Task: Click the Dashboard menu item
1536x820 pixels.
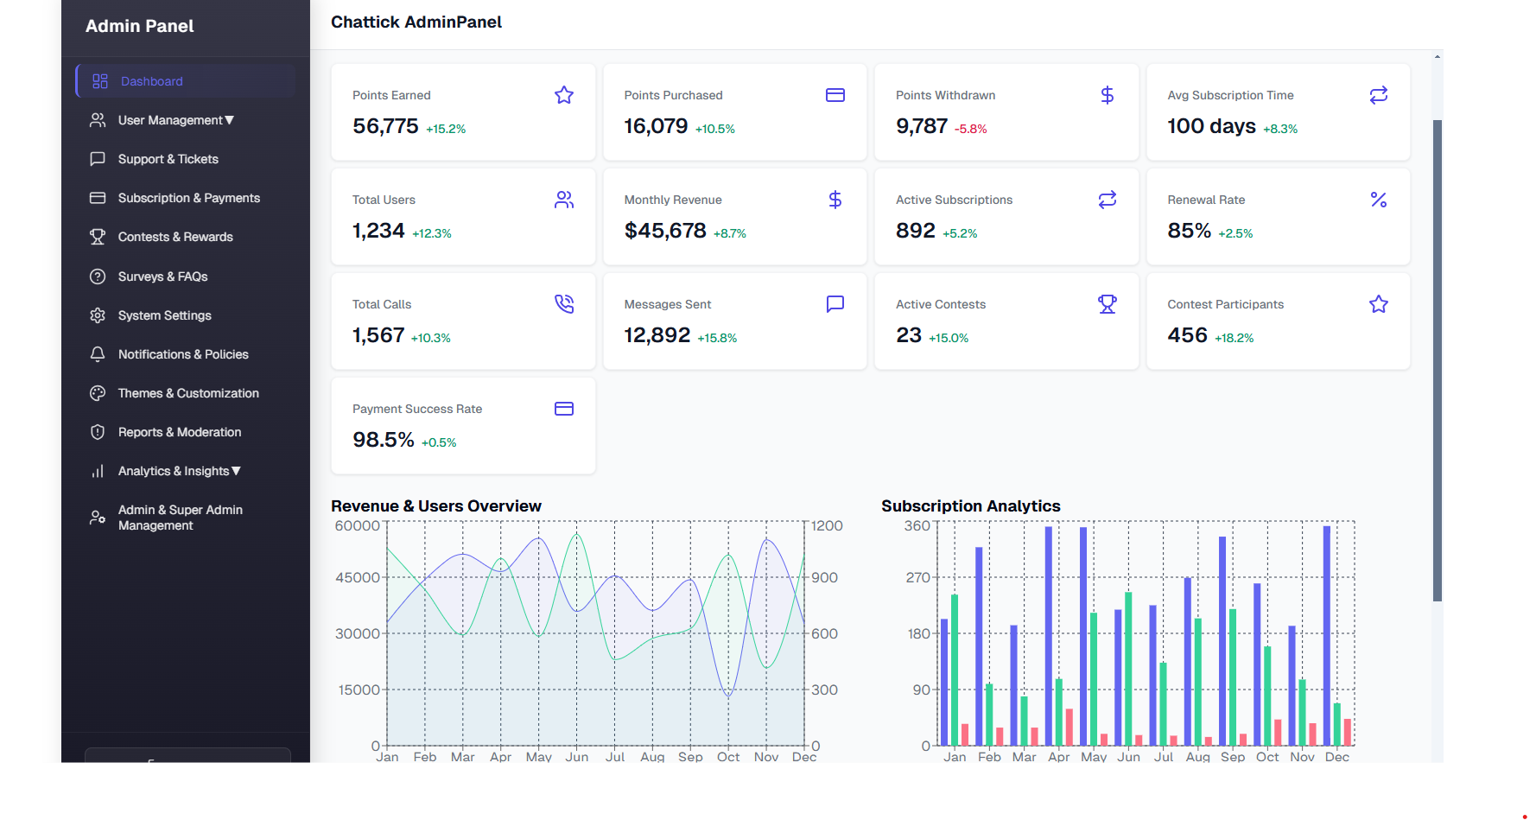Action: point(151,81)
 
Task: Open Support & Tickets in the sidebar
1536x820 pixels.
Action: point(168,159)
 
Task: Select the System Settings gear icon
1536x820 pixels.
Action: point(98,315)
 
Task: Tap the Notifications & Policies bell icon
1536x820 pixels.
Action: point(98,354)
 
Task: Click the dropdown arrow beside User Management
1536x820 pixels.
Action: point(230,120)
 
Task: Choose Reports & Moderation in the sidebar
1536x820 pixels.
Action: point(179,432)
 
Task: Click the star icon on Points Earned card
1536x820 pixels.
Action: point(564,95)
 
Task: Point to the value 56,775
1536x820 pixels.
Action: point(385,126)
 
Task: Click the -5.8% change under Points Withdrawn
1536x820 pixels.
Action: point(970,129)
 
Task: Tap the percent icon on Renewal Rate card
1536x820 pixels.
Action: point(1379,200)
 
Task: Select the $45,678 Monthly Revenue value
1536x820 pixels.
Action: point(665,231)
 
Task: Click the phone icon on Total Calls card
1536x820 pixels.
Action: point(564,304)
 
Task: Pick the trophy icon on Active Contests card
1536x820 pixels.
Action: point(1108,304)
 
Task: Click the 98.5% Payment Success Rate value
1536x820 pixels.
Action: point(384,440)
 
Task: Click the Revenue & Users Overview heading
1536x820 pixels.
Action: point(436,506)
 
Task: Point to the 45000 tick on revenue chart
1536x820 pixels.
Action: point(357,577)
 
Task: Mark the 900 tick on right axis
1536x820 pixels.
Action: point(824,577)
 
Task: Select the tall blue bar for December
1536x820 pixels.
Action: point(1327,635)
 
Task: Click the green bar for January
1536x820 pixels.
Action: point(955,670)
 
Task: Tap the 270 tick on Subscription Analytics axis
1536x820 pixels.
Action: point(917,577)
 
